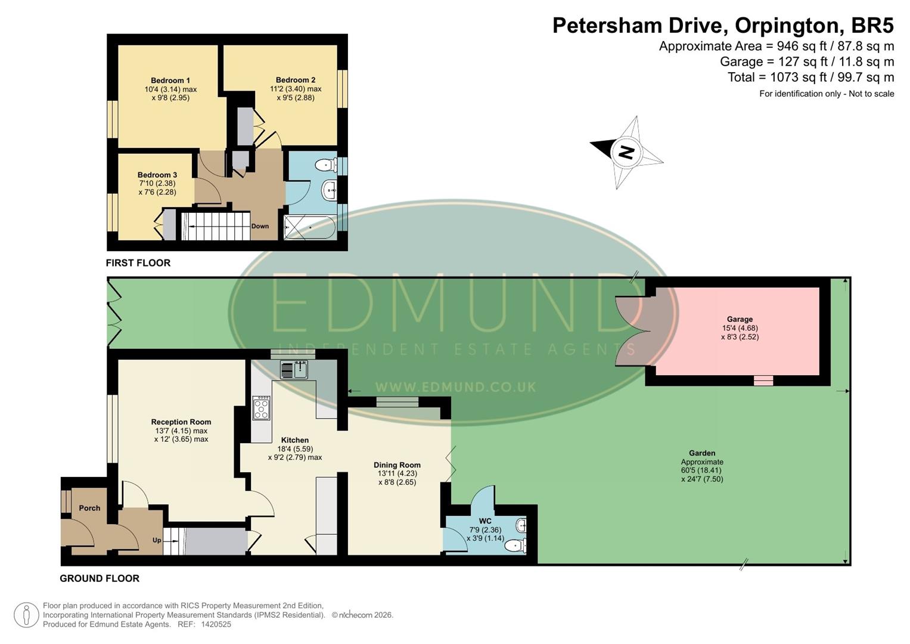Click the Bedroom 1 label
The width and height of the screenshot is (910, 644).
click(170, 80)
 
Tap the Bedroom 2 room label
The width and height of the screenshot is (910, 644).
click(296, 80)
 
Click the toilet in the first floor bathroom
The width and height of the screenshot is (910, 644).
click(325, 165)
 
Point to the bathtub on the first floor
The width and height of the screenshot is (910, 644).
click(310, 227)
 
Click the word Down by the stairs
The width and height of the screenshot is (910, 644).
click(260, 226)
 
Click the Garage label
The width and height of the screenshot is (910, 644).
click(740, 319)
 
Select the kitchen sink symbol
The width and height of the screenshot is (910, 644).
click(294, 370)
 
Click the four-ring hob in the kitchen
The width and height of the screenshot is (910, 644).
click(261, 408)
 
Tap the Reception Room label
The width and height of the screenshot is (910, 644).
click(181, 422)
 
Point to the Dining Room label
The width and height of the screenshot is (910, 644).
click(397, 465)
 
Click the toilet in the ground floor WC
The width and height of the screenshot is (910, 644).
click(514, 544)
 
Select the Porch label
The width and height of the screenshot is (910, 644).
click(89, 508)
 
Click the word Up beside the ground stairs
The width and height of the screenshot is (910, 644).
click(157, 540)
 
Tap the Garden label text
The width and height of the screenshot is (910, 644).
click(702, 453)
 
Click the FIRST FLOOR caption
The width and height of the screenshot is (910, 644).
click(138, 263)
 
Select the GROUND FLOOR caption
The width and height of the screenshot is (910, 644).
click(100, 578)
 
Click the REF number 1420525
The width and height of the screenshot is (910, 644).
click(216, 624)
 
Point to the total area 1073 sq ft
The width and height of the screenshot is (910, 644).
click(798, 77)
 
